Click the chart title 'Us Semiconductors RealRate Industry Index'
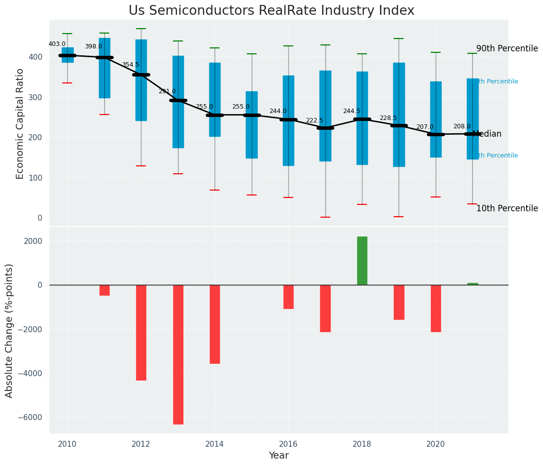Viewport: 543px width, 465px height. tap(271, 11)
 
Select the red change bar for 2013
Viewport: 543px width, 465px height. tap(178, 354)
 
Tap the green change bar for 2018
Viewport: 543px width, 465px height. tap(362, 261)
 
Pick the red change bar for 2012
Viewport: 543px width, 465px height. tap(141, 332)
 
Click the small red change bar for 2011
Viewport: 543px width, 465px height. tap(104, 290)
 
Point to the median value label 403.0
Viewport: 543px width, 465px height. tap(57, 44)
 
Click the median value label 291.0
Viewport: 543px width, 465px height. tap(167, 91)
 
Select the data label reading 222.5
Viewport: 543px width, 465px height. tap(315, 120)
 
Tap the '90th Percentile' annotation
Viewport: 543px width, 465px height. tap(507, 48)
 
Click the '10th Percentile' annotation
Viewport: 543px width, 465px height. tap(507, 208)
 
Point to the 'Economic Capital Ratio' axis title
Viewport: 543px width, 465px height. tap(20, 123)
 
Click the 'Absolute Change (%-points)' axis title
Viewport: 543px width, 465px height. tap(9, 330)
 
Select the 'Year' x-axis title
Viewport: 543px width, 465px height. tap(279, 456)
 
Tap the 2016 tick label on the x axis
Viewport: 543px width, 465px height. tap(288, 444)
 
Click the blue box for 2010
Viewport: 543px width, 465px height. tap(68, 55)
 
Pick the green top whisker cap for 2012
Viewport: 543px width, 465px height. tap(141, 29)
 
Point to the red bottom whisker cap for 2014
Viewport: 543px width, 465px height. tap(215, 190)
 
